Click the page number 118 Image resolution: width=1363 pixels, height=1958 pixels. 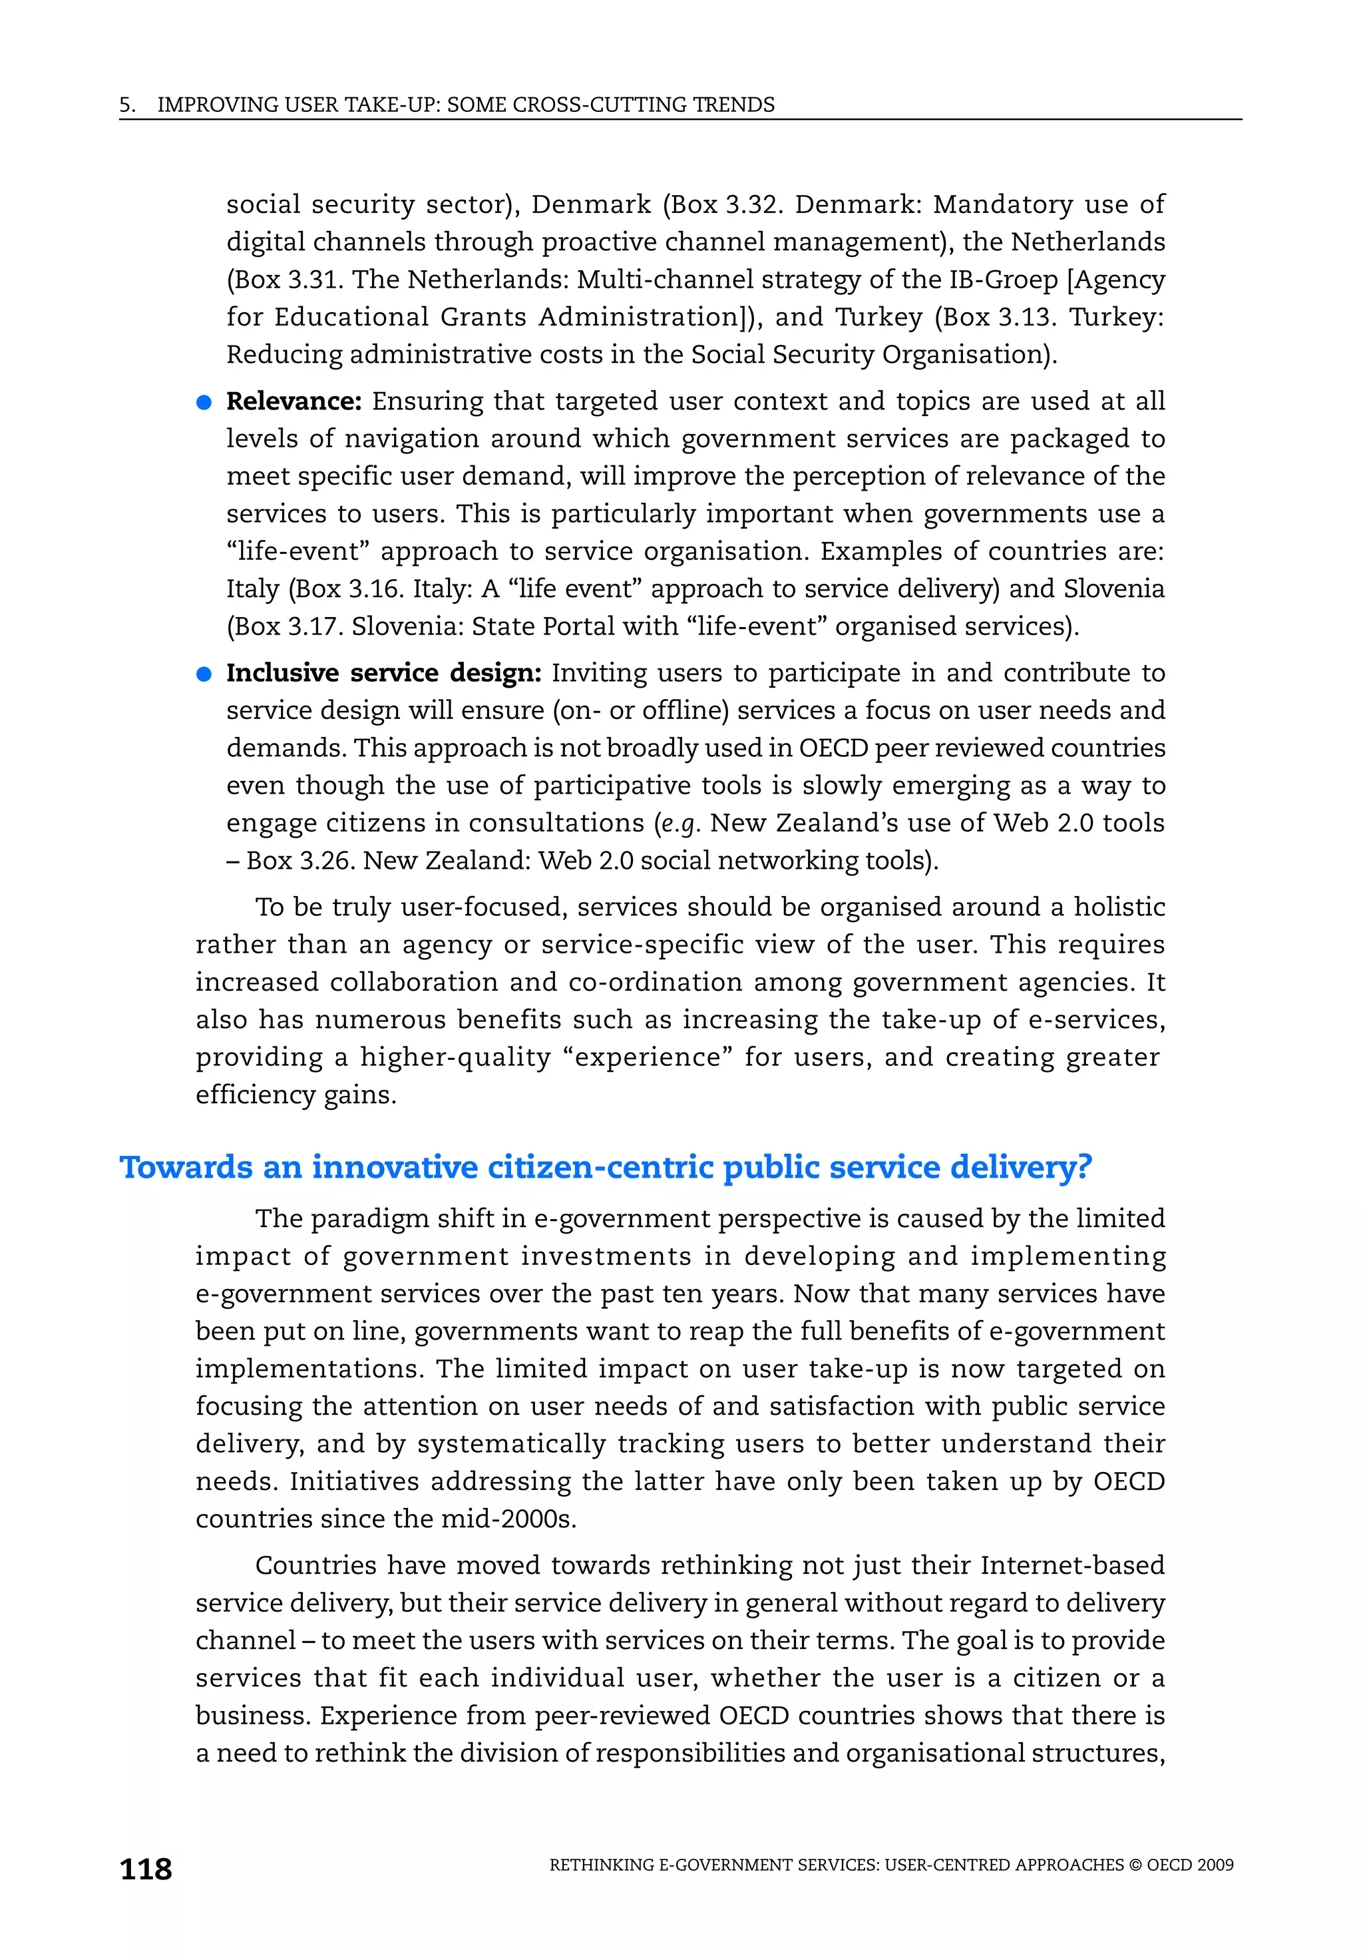146,1869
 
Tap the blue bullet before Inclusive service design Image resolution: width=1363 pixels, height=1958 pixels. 204,674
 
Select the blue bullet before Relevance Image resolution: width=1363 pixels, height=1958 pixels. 204,403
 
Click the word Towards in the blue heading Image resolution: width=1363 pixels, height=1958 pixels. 186,1166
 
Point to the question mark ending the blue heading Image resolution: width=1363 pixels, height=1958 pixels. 1083,1166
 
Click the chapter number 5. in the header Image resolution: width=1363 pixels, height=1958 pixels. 127,105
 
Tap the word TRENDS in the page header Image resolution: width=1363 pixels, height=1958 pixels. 733,105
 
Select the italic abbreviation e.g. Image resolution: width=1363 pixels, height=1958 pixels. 680,824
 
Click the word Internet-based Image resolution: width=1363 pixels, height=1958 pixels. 1072,1566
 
